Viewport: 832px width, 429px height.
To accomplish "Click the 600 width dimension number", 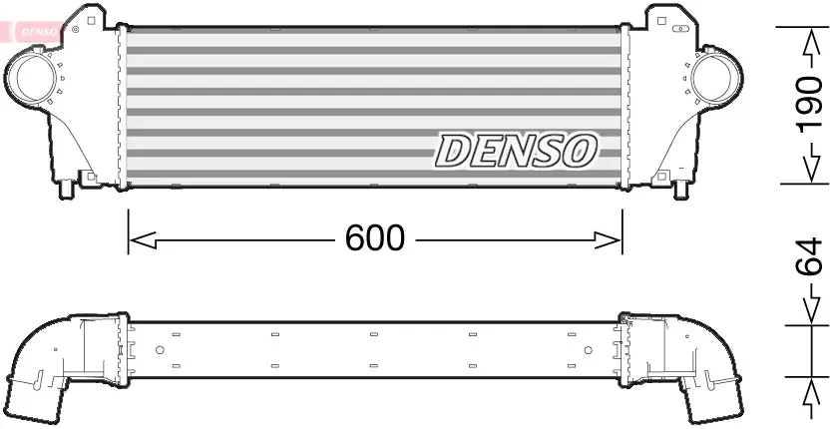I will pyautogui.click(x=375, y=238).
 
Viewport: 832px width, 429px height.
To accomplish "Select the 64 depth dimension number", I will pyautogui.click(x=809, y=262).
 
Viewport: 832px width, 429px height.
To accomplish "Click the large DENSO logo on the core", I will pyautogui.click(x=516, y=151).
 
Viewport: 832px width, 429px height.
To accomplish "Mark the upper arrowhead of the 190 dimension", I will pyautogui.click(x=809, y=40).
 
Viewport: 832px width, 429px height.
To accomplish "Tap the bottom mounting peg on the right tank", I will pyautogui.click(x=682, y=189).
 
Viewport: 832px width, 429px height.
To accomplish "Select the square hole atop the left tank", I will pyautogui.click(x=92, y=19).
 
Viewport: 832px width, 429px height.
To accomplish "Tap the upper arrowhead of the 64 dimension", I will pyautogui.click(x=809, y=309).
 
